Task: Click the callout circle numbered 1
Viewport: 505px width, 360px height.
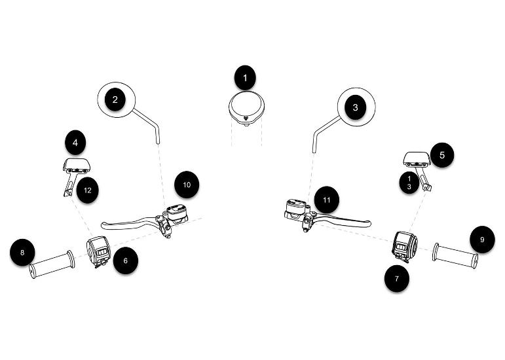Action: [245, 78]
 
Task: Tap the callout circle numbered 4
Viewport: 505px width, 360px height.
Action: [75, 143]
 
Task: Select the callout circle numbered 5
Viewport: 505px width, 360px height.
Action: [442, 155]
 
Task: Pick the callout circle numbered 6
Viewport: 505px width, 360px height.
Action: [126, 261]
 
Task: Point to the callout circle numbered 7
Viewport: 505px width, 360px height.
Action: [397, 279]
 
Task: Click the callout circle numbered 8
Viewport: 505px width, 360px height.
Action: [22, 253]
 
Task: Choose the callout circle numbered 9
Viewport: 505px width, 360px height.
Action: [482, 240]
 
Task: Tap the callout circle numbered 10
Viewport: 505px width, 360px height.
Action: [187, 185]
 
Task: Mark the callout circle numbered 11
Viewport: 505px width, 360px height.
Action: [327, 200]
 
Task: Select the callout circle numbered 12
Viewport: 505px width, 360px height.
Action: [88, 190]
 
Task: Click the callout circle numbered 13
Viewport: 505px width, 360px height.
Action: [409, 183]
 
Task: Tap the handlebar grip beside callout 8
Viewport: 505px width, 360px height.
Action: [52, 264]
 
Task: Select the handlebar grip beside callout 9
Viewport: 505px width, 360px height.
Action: [455, 256]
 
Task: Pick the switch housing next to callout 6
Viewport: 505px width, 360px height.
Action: [98, 251]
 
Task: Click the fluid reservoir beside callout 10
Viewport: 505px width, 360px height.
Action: [176, 213]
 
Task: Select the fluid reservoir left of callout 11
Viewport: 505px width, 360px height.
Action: [295, 209]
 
